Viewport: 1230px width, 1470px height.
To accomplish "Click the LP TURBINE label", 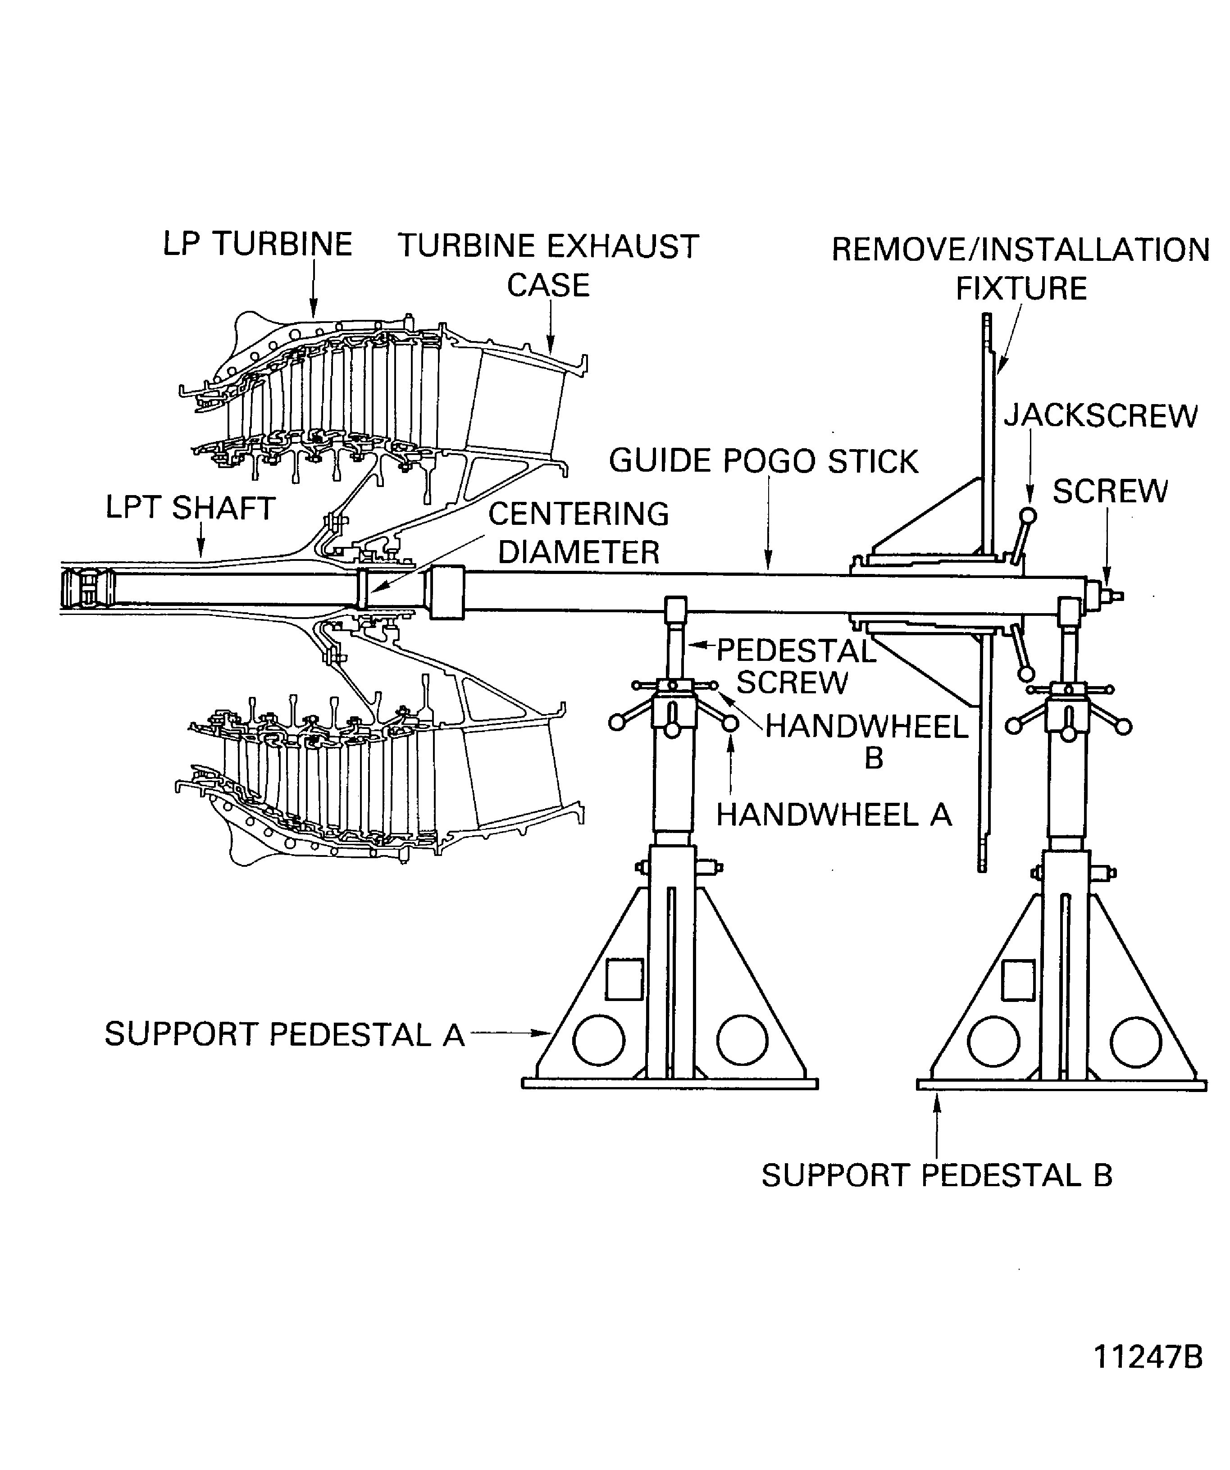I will pos(257,244).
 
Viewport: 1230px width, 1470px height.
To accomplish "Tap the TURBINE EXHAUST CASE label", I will pos(548,265).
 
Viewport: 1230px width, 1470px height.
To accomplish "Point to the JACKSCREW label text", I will pos(1101,416).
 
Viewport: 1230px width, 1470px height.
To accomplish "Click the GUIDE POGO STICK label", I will pos(763,461).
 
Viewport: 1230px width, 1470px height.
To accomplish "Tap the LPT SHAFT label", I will pos(191,508).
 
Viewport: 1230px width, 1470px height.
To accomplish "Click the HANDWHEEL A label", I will pos(833,815).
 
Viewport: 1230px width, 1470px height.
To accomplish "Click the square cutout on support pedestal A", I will pos(624,978).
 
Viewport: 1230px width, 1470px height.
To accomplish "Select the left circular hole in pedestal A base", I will pos(598,1039).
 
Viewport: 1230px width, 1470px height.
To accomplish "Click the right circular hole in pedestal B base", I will pos(1135,1042).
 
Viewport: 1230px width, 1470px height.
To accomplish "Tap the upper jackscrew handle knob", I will pos(1028,516).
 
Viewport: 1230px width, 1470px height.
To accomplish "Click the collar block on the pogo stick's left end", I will pos(446,592).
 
